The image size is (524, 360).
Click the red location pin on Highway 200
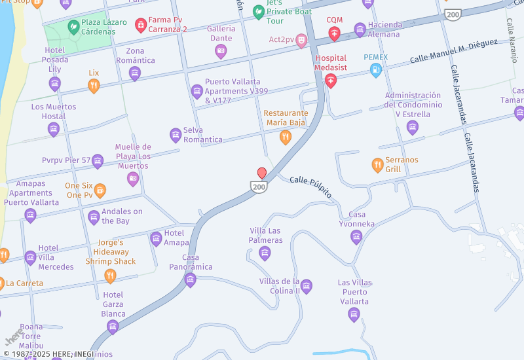262,173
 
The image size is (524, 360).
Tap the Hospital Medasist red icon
331,81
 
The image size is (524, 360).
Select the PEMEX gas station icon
376,70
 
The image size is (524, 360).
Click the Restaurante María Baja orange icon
286,137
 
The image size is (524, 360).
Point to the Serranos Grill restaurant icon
377,165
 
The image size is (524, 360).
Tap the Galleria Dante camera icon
221,51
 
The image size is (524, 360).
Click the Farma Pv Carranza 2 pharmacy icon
140,25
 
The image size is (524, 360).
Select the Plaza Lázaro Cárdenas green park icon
73,27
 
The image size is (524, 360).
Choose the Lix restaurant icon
94,86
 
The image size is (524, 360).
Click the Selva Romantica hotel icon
176,135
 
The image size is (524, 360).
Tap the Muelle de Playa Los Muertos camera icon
133,179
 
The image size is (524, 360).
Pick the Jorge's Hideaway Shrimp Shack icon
110,276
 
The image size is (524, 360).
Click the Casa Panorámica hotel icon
191,280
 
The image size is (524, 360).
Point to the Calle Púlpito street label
310,187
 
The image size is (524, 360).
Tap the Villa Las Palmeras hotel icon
265,253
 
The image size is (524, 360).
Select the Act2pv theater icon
301,40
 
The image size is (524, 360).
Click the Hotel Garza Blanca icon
113,326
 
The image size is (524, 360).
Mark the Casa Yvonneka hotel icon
356,237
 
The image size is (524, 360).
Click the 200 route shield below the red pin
259,187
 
